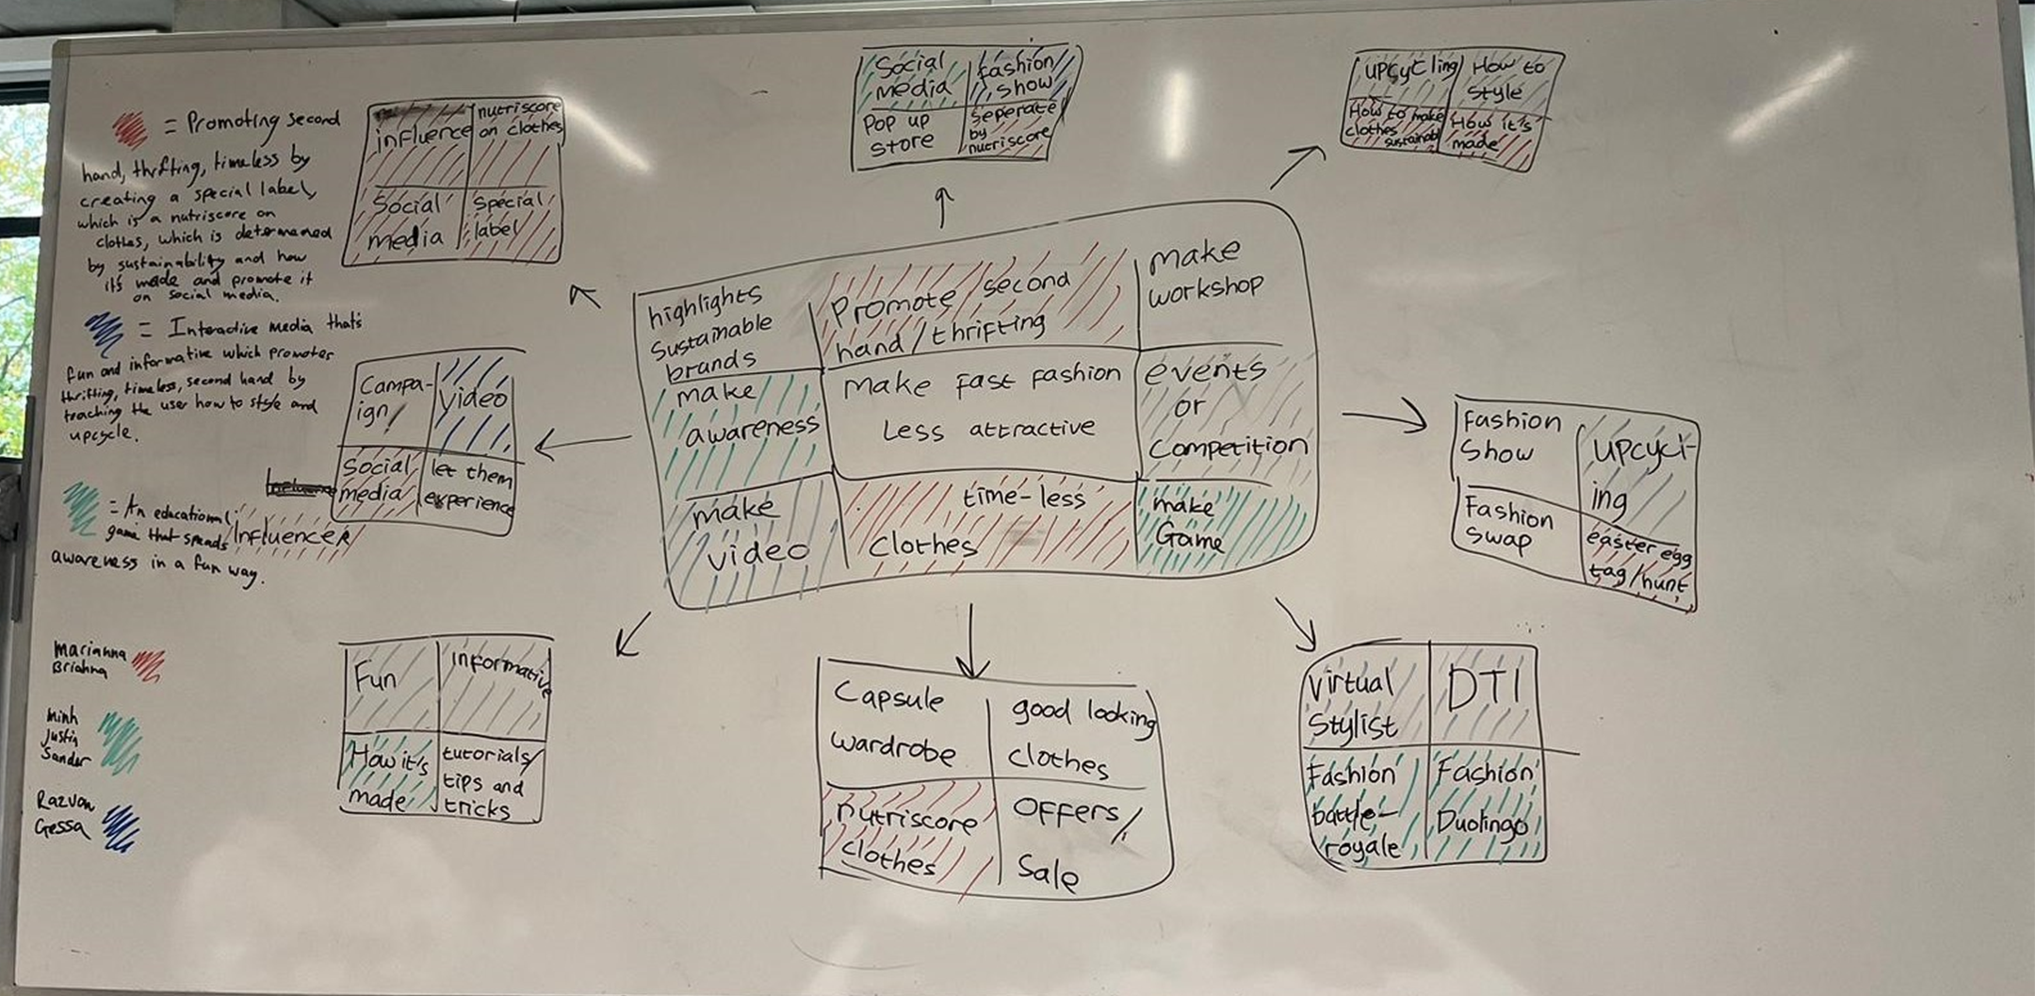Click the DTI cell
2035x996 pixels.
click(1483, 694)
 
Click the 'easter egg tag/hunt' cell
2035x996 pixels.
click(1636, 561)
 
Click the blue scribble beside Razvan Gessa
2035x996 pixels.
click(121, 826)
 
